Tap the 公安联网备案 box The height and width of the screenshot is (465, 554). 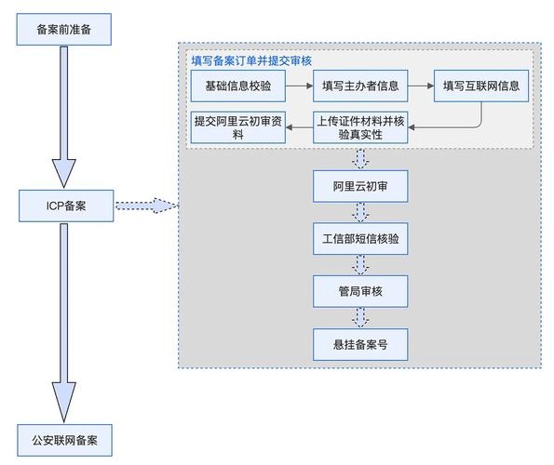point(65,439)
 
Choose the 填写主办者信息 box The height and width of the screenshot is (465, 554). point(359,86)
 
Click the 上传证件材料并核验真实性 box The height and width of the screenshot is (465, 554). point(359,127)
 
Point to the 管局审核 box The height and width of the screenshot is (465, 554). point(359,292)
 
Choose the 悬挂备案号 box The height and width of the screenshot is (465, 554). point(359,344)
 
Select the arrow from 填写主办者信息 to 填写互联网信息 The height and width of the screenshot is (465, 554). point(420,86)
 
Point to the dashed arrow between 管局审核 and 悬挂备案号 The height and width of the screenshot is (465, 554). point(359,318)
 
